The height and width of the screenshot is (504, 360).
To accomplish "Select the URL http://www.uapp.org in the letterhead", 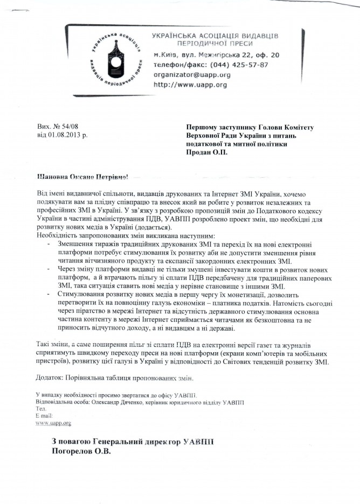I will (x=190, y=85).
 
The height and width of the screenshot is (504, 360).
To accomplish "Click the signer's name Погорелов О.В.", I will (x=80, y=453).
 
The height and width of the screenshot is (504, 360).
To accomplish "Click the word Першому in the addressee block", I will (x=201, y=127).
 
